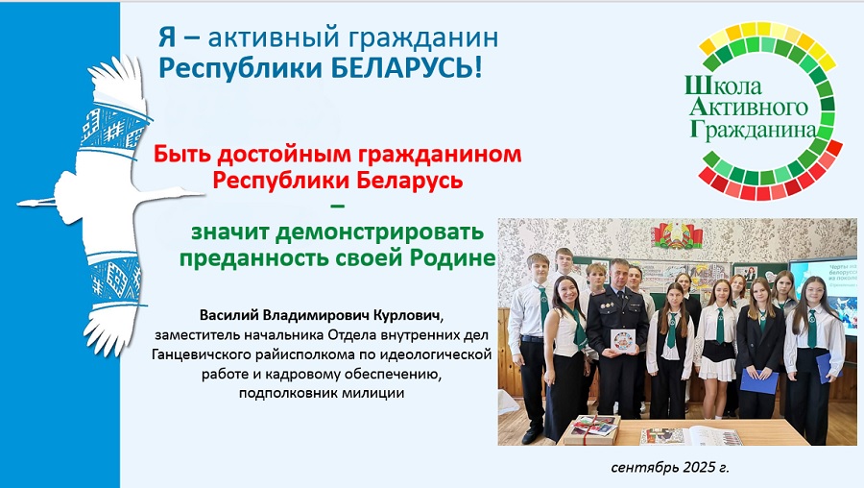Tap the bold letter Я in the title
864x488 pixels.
pos(167,37)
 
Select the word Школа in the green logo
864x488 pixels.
pos(724,85)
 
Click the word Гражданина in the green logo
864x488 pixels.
pos(753,129)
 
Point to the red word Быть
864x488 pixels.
pos(181,154)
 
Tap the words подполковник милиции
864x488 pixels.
pos(322,394)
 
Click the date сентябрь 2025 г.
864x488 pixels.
pos(670,468)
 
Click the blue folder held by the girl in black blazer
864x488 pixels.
pos(758,381)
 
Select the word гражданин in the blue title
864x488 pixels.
pos(422,38)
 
